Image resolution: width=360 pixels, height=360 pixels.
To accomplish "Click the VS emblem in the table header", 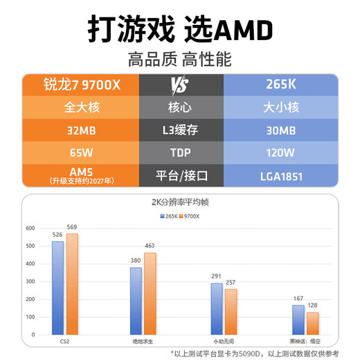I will click(181, 85).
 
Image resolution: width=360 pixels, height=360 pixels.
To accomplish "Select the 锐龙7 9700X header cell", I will click(81, 85).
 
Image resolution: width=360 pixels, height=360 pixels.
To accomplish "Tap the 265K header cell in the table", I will click(282, 85).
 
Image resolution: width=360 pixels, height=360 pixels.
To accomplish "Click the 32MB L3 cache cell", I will click(81, 129).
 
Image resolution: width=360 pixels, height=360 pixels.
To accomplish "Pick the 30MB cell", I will click(282, 129).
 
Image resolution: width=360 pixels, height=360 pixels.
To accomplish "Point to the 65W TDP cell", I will click(81, 152).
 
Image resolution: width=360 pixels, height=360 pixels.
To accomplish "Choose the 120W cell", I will click(282, 152).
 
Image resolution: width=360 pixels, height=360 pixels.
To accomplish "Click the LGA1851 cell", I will click(282, 176).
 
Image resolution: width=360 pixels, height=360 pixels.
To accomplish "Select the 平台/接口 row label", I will click(181, 176).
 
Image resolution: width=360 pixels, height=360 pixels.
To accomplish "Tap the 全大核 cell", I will click(81, 107).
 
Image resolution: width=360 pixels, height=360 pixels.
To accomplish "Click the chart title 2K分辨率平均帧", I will click(181, 204).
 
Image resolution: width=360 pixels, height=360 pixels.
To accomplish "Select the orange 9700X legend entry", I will click(189, 216).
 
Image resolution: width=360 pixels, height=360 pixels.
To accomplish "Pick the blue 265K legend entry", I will click(169, 216).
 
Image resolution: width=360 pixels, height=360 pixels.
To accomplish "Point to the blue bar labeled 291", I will click(217, 309).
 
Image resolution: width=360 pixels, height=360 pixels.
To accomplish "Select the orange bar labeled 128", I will click(313, 323).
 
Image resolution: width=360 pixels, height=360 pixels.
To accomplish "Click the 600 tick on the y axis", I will click(30, 228).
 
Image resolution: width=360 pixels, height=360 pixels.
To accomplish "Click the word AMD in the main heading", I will click(233, 29).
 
